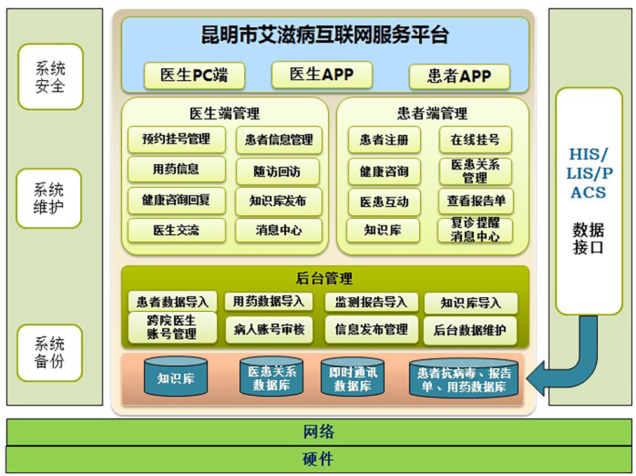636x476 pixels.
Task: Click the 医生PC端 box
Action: pyautogui.click(x=194, y=76)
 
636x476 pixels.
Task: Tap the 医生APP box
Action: pyautogui.click(x=322, y=74)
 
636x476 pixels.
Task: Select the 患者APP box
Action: pyautogui.click(x=459, y=76)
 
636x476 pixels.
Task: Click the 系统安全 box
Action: pyautogui.click(x=50, y=77)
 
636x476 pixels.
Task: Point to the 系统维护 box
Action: pyautogui.click(x=49, y=198)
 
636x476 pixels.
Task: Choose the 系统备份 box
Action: pyautogui.click(x=50, y=353)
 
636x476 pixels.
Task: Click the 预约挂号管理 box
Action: pyautogui.click(x=176, y=139)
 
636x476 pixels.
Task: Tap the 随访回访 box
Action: pyautogui.click(x=277, y=172)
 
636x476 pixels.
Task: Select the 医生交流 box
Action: pyautogui.click(x=176, y=230)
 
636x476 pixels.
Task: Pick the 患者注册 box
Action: pyautogui.click(x=384, y=140)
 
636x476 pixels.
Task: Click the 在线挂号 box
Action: pyautogui.click(x=475, y=140)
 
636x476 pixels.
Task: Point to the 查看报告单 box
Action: pyautogui.click(x=476, y=201)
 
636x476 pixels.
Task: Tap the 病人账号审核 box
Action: pyautogui.click(x=269, y=330)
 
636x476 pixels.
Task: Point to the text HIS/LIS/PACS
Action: pyautogui.click(x=589, y=173)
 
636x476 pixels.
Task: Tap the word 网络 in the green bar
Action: pyautogui.click(x=319, y=431)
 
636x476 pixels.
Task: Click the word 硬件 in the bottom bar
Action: pyautogui.click(x=319, y=459)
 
